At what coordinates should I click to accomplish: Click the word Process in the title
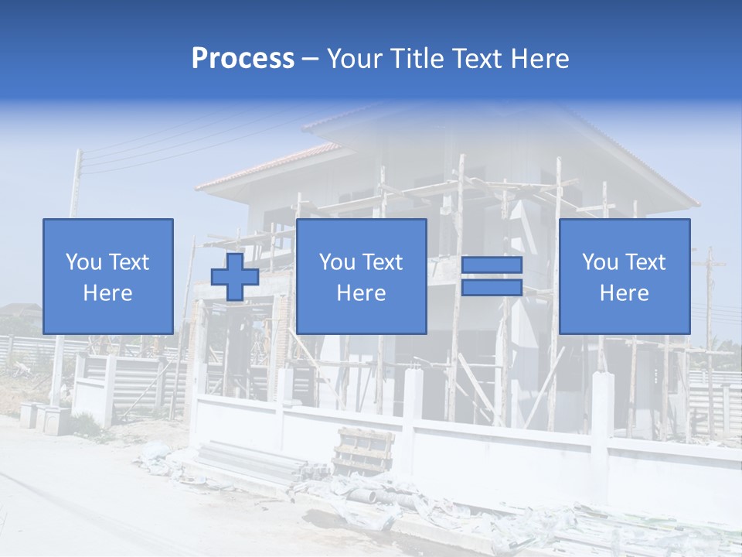(243, 59)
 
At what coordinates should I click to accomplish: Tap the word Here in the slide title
(539, 59)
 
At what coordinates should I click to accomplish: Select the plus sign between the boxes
(235, 276)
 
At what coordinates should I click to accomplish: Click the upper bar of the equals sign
(492, 265)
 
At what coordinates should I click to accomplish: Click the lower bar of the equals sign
(492, 287)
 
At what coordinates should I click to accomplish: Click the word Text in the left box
(128, 262)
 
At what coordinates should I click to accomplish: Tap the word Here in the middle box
(361, 293)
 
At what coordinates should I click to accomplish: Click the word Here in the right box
(624, 293)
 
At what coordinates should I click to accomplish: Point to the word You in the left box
(84, 262)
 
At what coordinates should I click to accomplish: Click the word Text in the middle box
(383, 262)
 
